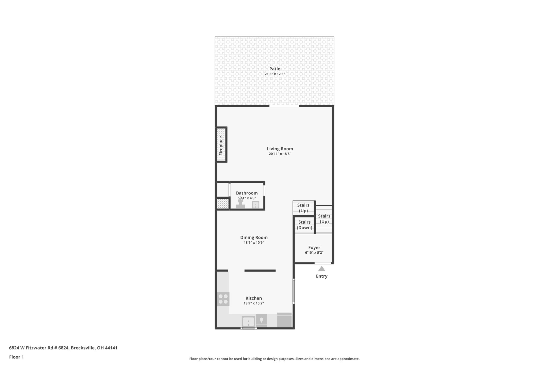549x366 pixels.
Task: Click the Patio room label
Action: pos(275,69)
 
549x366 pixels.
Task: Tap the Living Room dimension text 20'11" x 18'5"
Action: pos(280,154)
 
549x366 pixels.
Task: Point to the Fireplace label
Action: pos(221,146)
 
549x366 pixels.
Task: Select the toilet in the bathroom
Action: pos(240,204)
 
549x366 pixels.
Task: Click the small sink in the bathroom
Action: pos(256,205)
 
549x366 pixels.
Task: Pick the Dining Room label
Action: pos(254,237)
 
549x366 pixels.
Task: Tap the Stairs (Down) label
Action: pos(304,225)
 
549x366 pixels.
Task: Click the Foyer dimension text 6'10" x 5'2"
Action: pos(314,253)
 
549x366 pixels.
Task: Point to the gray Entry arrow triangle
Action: pos(322,269)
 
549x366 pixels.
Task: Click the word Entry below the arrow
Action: pos(322,276)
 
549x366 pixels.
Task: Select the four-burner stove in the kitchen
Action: pos(223,299)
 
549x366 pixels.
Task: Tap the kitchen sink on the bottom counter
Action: pos(248,321)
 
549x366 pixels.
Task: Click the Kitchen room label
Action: pos(254,298)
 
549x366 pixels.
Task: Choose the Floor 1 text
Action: pos(17,357)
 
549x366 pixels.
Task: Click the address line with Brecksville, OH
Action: pos(63,348)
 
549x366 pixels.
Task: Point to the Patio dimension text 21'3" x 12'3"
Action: pos(275,74)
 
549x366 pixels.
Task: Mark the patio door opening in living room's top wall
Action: pos(284,106)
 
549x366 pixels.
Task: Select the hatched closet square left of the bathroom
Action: pos(222,204)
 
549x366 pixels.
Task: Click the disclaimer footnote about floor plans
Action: pos(274,359)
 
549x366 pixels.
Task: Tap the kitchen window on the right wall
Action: pos(294,291)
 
